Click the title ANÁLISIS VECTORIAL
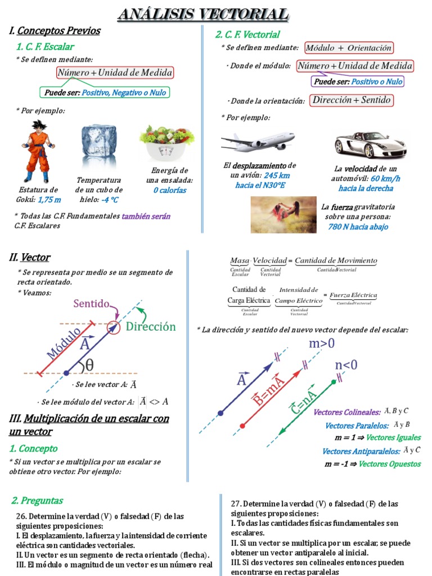coord(203,15)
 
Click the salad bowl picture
coord(166,142)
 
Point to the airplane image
coord(258,141)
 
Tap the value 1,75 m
coord(49,200)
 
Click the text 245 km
coord(277,175)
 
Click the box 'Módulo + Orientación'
coord(349,48)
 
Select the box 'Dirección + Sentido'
coord(351,101)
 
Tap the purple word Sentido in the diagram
coord(91,304)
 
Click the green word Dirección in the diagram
coord(150,327)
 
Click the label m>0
coord(322,343)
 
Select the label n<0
coord(346,365)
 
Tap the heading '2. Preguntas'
coord(37,500)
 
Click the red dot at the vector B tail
coord(242,425)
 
